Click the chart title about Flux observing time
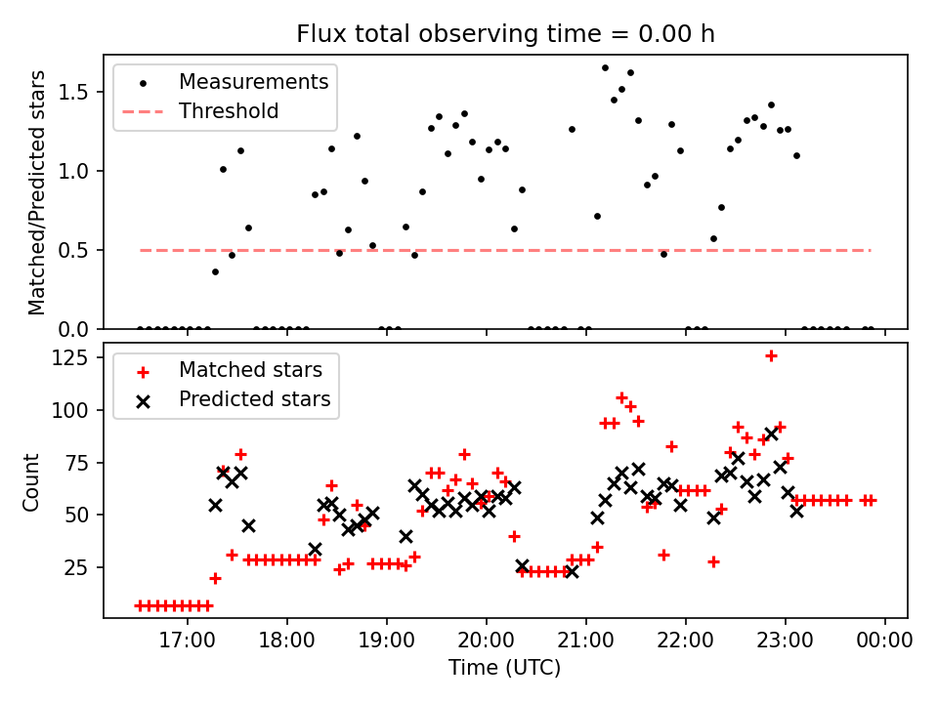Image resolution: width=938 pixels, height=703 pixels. point(505,34)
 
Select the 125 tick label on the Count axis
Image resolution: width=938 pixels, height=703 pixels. point(79,357)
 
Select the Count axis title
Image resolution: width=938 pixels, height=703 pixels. point(32,480)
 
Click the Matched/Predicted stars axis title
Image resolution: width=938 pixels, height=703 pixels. point(38,192)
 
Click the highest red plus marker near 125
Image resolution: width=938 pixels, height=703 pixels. point(771,355)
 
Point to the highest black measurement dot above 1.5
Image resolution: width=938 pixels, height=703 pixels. point(605,67)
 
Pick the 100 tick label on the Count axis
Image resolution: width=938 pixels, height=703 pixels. point(79,410)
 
